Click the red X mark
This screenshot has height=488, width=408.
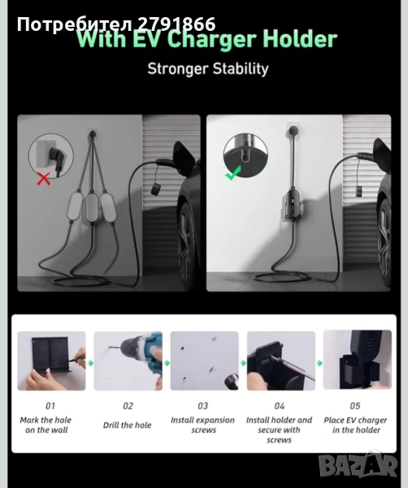[44, 179]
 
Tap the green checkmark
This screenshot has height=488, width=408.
[233, 173]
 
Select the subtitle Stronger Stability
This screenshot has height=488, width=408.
[208, 69]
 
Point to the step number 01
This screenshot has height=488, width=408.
[50, 406]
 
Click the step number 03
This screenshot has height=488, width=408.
[203, 406]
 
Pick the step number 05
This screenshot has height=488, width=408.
[355, 406]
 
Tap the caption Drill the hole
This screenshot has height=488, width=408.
[127, 425]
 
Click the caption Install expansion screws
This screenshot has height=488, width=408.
[202, 425]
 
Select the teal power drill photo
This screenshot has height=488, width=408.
[128, 360]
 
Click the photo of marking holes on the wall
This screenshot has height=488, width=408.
[51, 360]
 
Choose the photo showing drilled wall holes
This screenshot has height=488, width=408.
[205, 360]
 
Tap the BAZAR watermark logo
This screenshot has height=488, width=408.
[358, 465]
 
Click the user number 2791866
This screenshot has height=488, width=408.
[176, 24]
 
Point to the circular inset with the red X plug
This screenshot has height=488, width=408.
[51, 155]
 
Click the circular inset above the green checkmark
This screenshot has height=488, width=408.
[245, 155]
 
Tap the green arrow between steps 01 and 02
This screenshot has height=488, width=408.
[90, 363]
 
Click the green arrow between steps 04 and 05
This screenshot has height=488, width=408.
[319, 363]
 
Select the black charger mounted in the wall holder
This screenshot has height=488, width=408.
[293, 206]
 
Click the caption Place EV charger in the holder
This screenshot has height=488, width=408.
[355, 425]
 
